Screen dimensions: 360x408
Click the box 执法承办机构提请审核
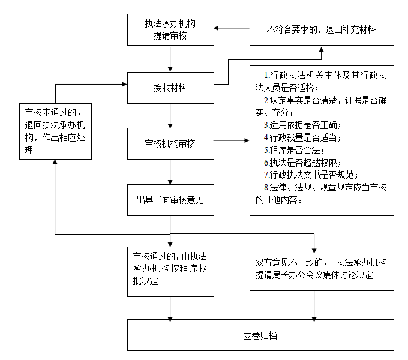pyautogui.click(x=170, y=29)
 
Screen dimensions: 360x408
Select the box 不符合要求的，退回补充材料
pyautogui.click(x=321, y=29)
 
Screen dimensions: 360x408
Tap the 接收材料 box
pyautogui.click(x=170, y=88)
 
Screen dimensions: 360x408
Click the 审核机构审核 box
pyautogui.click(x=170, y=143)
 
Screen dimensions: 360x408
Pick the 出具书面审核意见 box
pyautogui.click(x=170, y=200)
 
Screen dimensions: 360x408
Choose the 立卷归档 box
pyautogui.click(x=260, y=335)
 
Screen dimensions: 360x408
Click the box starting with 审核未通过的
pyautogui.click(x=55, y=131)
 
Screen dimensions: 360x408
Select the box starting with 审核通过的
pyautogui.click(x=170, y=271)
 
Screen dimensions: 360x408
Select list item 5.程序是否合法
pyautogui.click(x=293, y=150)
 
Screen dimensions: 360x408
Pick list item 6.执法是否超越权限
pyautogui.click(x=302, y=163)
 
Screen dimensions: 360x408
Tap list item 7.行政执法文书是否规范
pyautogui.click(x=310, y=175)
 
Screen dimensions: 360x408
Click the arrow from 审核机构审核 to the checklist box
pyautogui.click(x=231, y=142)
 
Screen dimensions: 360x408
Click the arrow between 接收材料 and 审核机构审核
pyautogui.click(x=170, y=115)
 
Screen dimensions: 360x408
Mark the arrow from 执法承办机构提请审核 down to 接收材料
pyautogui.click(x=170, y=58)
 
